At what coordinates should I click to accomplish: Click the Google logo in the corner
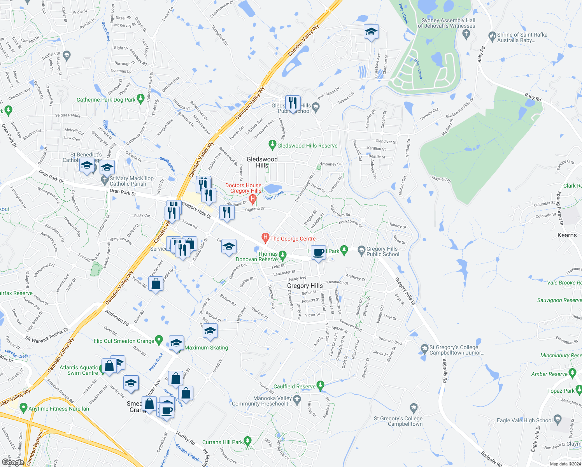(x=13, y=462)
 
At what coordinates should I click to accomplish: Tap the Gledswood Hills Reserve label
(x=307, y=146)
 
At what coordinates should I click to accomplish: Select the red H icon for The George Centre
(x=265, y=237)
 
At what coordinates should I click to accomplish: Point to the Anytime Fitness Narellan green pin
(x=23, y=408)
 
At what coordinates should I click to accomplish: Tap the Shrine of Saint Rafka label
(x=522, y=37)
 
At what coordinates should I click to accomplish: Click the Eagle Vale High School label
(x=524, y=420)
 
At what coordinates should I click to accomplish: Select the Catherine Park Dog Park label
(x=106, y=100)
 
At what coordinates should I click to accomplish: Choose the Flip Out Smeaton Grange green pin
(x=159, y=340)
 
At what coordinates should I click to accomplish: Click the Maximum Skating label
(x=206, y=348)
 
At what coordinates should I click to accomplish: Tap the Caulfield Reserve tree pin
(x=320, y=386)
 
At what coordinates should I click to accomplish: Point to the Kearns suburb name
(x=567, y=235)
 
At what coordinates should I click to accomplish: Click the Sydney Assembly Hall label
(x=447, y=23)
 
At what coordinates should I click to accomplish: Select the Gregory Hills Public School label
(x=382, y=251)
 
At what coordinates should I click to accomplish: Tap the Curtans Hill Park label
(x=222, y=442)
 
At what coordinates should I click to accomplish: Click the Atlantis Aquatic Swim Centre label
(x=79, y=370)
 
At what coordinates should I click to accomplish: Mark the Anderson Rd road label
(x=117, y=317)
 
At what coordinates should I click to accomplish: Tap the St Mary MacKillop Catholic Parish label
(x=131, y=181)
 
